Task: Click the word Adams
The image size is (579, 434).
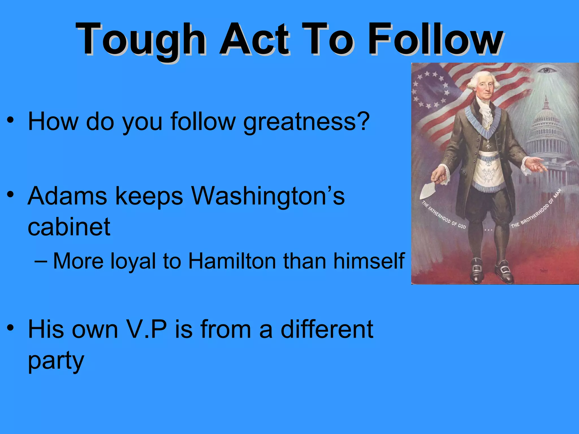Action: click(x=67, y=196)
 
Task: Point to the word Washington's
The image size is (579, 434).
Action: click(x=268, y=196)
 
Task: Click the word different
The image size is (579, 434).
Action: click(x=327, y=329)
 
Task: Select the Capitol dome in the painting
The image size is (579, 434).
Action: click(x=546, y=119)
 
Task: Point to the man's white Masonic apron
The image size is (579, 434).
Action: click(x=489, y=172)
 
